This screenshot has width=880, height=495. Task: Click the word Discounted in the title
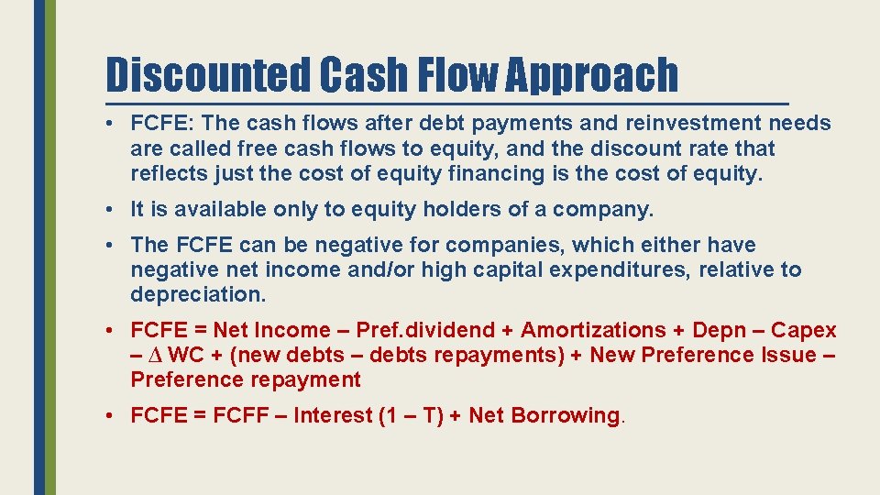[208, 74]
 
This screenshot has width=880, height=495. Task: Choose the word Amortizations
[593, 330]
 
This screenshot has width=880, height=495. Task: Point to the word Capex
[804, 330]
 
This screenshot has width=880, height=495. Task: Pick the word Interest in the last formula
[334, 415]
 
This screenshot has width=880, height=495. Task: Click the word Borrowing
[566, 415]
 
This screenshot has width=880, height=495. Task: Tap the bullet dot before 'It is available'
[108, 210]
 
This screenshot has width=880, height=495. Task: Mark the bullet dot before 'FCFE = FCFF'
[108, 416]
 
